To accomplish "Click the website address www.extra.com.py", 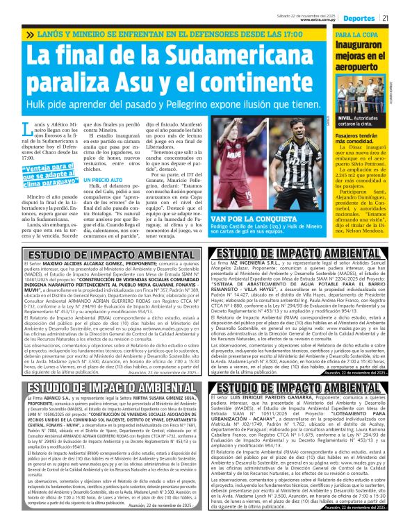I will point(319,21).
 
